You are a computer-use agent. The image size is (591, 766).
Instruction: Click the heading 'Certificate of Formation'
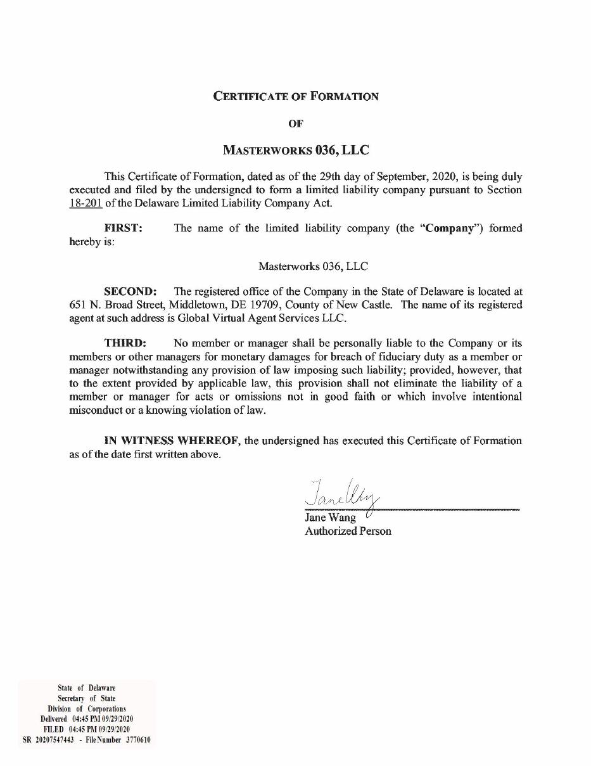(x=296, y=96)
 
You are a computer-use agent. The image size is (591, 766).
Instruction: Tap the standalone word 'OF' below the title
(x=296, y=124)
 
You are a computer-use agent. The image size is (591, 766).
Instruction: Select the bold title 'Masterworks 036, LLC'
(x=296, y=151)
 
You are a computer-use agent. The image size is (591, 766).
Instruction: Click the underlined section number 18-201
(x=86, y=203)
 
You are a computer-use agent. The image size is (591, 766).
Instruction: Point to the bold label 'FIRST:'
(x=124, y=228)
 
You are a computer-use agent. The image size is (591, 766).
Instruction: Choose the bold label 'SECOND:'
(x=130, y=291)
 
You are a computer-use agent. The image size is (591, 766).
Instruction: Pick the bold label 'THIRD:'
(x=125, y=343)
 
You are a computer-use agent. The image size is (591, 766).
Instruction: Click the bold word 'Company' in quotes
(x=449, y=228)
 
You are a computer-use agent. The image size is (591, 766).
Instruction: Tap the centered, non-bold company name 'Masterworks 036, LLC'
(x=314, y=267)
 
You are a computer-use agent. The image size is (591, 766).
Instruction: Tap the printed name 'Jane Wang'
(x=330, y=518)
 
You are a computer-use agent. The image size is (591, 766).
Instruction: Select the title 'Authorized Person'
(x=348, y=531)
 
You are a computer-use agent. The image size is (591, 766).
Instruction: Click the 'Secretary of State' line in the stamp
(x=87, y=698)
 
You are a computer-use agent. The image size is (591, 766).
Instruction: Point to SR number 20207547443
(x=54, y=739)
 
